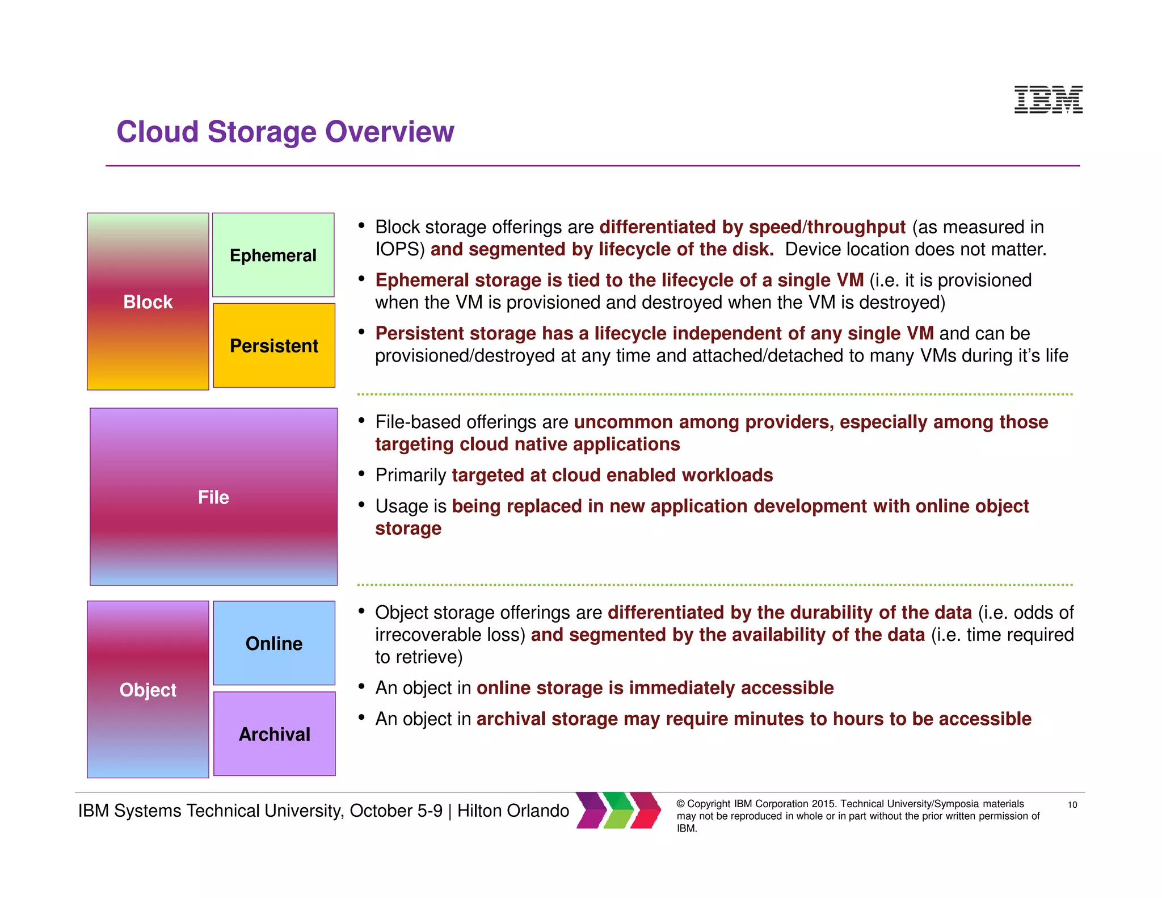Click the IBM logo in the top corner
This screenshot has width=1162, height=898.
1048,99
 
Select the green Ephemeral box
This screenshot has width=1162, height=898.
273,255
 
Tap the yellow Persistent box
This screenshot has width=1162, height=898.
274,345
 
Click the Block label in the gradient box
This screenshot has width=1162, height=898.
148,302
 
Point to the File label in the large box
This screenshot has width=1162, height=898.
213,497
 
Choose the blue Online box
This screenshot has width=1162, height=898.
274,643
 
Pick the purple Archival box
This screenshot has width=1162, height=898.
275,734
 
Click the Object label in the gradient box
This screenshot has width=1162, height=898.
148,690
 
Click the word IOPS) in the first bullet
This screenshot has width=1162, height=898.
400,249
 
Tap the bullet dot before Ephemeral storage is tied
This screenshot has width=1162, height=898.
361,279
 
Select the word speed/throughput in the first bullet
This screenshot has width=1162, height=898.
827,227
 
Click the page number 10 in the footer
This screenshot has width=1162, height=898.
1072,805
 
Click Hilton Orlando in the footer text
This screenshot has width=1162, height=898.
513,811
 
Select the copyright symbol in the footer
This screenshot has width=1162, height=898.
680,804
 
